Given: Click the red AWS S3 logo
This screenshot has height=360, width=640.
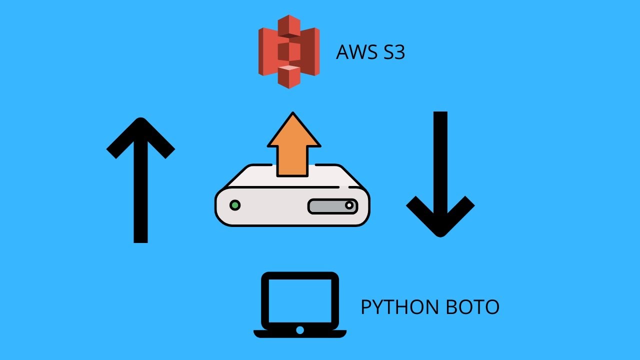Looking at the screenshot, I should [x=288, y=51].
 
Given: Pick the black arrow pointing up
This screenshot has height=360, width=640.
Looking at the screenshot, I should [x=140, y=180].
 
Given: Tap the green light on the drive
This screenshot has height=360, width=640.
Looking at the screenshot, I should [x=234, y=205].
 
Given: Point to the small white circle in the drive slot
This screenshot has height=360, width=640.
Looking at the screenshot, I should [x=349, y=205].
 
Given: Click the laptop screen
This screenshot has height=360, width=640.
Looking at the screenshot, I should [x=300, y=300].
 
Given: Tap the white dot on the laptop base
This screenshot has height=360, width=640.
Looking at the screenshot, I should [x=300, y=330].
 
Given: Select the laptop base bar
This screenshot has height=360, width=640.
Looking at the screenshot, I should [x=300, y=332].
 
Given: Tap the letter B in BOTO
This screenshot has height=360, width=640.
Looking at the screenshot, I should [x=440, y=307].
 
